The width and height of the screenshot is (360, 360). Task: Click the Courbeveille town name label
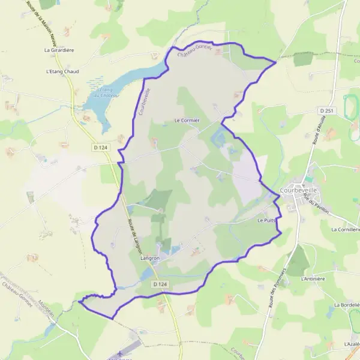tap(299, 193)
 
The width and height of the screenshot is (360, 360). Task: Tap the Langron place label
tap(150, 258)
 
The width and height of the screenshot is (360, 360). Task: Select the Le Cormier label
tap(187, 120)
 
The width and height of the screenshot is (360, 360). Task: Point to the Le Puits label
tap(266, 221)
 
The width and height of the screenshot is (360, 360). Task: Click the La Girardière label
tap(59, 50)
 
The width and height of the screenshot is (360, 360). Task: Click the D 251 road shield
tap(326, 111)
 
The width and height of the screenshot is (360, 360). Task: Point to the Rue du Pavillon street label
tap(310, 205)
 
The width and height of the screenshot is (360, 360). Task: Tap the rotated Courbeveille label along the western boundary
tap(143, 103)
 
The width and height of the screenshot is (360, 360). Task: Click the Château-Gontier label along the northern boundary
tap(195, 52)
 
